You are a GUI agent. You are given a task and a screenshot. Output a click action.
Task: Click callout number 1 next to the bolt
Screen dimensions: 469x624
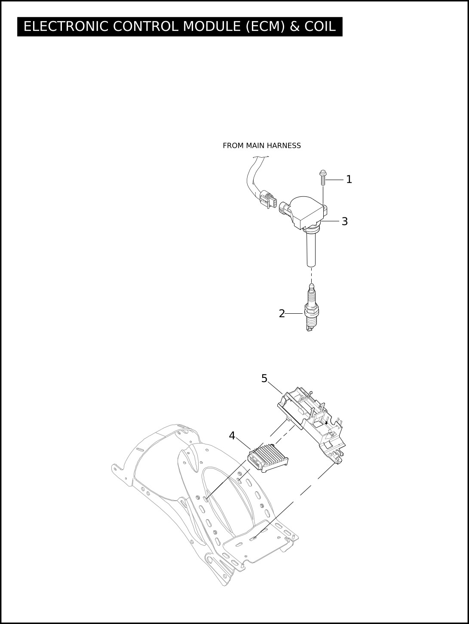tap(349, 179)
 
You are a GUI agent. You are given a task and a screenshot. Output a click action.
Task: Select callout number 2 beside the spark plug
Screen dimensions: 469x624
tap(282, 314)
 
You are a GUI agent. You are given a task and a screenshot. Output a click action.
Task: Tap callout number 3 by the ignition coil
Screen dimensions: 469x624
tap(344, 221)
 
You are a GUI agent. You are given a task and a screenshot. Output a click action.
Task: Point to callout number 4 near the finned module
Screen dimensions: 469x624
tap(232, 435)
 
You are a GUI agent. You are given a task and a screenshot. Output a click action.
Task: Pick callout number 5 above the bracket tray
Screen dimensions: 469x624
tap(264, 378)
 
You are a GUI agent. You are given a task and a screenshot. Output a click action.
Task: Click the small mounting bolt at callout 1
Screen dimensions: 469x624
tap(322, 177)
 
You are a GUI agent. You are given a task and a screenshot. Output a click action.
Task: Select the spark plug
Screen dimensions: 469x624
tap(311, 308)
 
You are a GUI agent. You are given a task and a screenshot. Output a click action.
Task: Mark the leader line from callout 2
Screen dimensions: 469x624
tap(294, 314)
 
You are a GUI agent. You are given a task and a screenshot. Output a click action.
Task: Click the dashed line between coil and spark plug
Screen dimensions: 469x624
tap(312, 275)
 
